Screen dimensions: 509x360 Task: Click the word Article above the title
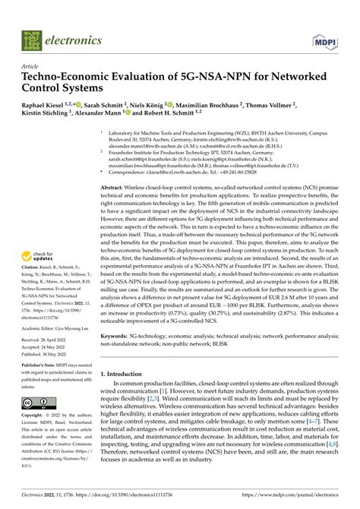34,67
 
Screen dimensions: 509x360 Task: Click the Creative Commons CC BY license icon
39,402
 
